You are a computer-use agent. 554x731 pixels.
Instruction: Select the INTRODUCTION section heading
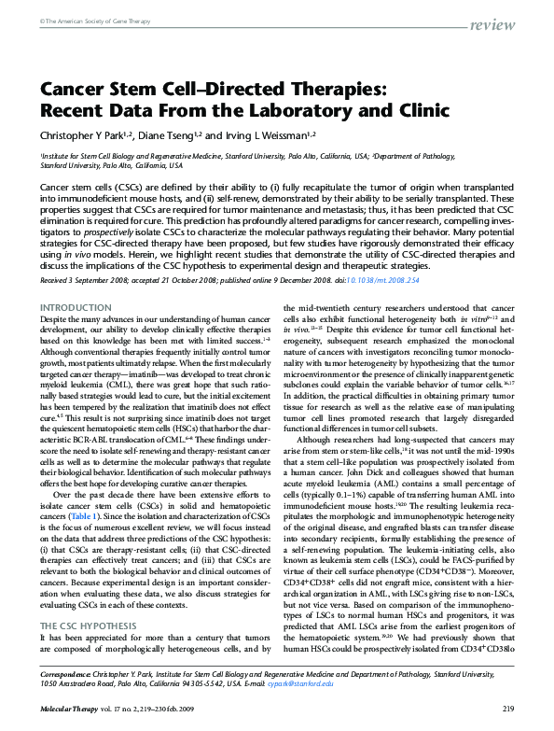coord(73,307)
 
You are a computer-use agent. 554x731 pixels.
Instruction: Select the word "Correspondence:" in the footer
coord(71,673)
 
